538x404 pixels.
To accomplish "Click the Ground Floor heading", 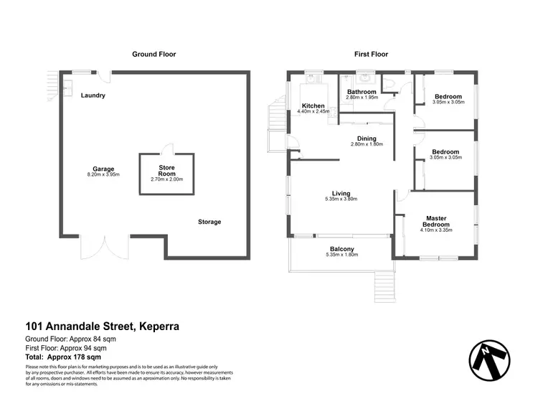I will pyautogui.click(x=154, y=54).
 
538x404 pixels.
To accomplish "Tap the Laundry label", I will pyautogui.click(x=93, y=95).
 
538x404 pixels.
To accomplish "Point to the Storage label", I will pyautogui.click(x=209, y=222).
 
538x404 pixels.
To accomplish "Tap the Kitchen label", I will pyautogui.click(x=313, y=106).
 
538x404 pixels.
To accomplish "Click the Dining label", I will pyautogui.click(x=367, y=138).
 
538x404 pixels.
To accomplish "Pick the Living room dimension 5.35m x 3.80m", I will pyautogui.click(x=341, y=199).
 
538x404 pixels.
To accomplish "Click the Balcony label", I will pyautogui.click(x=341, y=249).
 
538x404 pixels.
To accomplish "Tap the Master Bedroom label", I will pyautogui.click(x=436, y=222).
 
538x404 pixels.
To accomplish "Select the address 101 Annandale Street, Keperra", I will pyautogui.click(x=102, y=327).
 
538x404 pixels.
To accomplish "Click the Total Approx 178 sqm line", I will pyautogui.click(x=63, y=356).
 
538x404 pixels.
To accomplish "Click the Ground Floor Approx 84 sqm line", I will pyautogui.click(x=70, y=339).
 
